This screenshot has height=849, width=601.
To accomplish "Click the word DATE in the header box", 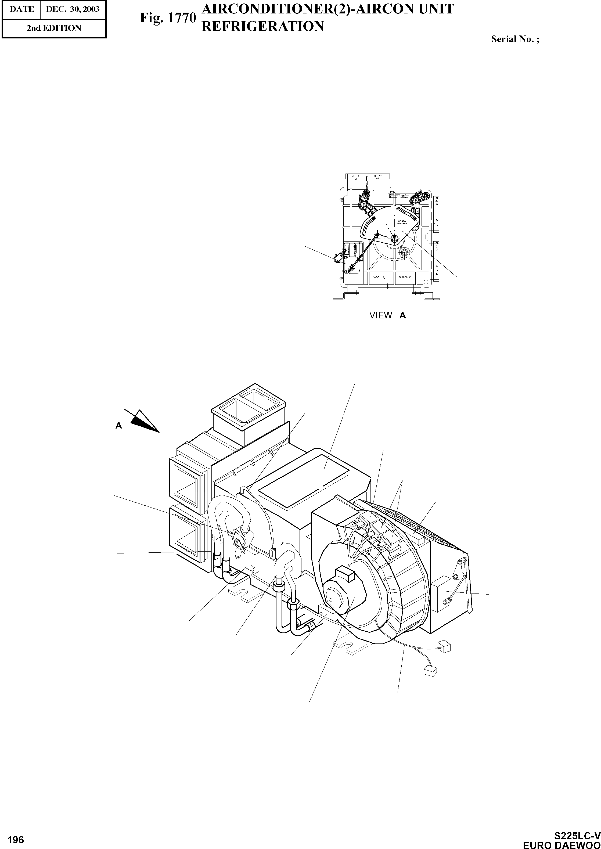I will click(x=21, y=9).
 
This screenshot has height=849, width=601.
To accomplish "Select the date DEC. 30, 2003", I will click(x=73, y=9).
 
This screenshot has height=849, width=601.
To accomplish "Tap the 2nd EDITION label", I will click(x=54, y=28).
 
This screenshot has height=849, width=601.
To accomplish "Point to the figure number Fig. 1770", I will click(x=168, y=17).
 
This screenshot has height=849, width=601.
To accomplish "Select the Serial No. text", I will click(x=515, y=39).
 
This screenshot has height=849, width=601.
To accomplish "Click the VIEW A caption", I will click(x=387, y=315).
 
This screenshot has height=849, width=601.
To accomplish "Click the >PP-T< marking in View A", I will click(x=378, y=277).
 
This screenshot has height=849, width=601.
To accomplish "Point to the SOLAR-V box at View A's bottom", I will click(x=405, y=277).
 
